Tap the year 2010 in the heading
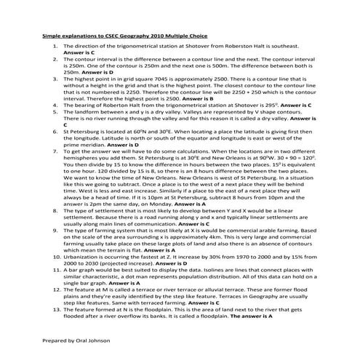(140, 35)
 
